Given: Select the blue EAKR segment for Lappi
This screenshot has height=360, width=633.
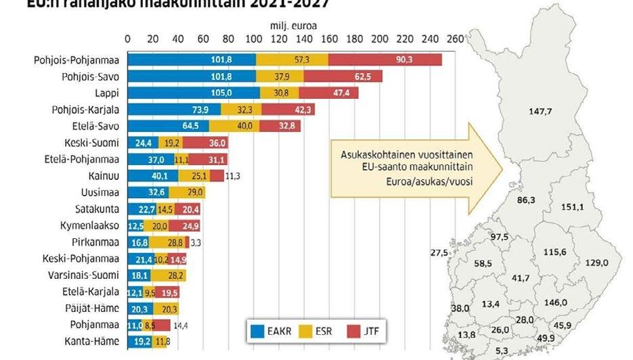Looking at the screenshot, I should pos(194,93).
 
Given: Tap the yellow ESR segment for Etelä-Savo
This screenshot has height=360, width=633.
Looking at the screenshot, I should pos(234,126).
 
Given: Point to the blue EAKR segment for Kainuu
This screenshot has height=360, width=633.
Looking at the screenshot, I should pos(154,176).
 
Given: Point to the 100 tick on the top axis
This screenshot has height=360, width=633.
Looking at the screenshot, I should pos(253,39).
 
